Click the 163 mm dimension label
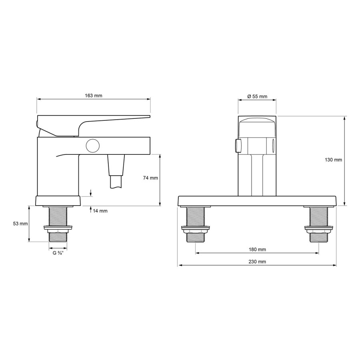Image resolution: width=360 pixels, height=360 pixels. pos(94,96)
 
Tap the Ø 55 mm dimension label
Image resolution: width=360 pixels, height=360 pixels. pos(257,96)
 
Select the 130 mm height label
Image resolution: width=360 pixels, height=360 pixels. pos(333,160)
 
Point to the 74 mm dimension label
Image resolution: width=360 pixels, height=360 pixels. pos(150,178)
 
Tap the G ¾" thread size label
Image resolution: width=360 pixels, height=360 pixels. pos(58,253)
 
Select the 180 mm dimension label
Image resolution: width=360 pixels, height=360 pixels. pos(257,249)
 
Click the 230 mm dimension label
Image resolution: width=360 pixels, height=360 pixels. pos(257,262)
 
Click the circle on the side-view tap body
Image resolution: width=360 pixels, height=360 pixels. pos(93,146)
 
